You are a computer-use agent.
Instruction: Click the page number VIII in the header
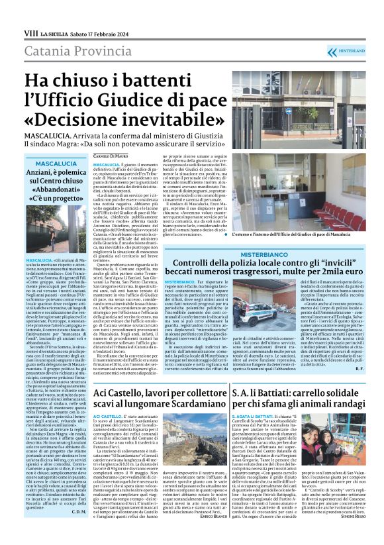point(30,32)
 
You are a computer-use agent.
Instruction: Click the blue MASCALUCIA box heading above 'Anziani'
point(56,163)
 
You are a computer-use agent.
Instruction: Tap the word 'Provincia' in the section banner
point(100,52)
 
